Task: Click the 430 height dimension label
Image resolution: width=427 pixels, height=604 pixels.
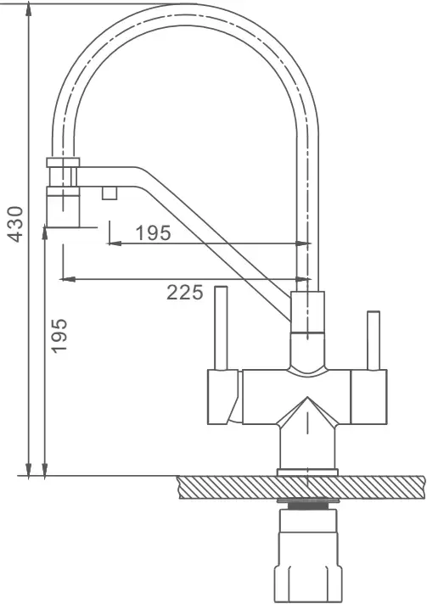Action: (16, 224)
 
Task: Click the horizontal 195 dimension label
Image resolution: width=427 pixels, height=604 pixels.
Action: (153, 232)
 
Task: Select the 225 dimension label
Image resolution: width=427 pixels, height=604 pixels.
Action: (184, 293)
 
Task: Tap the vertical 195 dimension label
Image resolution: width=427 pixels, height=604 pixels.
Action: (59, 336)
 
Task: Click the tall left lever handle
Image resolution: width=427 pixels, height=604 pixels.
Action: (221, 327)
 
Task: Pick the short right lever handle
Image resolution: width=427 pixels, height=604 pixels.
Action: (373, 340)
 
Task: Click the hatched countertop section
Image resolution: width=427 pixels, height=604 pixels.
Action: (301, 487)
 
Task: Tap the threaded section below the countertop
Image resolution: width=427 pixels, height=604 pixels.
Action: (307, 506)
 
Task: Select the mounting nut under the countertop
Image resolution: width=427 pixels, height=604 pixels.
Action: (307, 555)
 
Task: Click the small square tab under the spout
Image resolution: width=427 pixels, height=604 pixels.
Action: (110, 193)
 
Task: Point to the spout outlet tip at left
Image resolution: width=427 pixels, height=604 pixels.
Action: (63, 207)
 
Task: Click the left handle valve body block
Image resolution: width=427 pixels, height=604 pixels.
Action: (223, 397)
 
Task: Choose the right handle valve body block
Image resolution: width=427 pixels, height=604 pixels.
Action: (368, 397)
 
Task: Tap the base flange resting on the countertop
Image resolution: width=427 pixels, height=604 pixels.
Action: (307, 473)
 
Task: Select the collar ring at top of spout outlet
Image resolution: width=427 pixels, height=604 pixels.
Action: (63, 162)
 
